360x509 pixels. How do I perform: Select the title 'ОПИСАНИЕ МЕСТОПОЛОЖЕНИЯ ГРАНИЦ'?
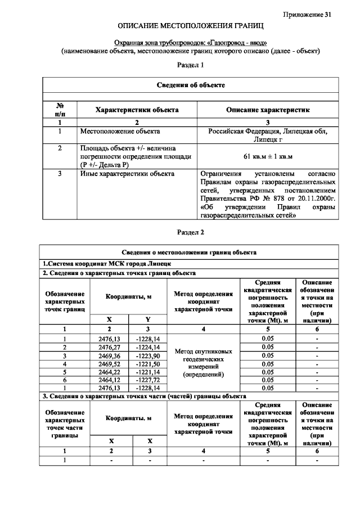pos(191,26)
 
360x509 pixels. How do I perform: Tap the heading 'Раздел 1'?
pos(190,65)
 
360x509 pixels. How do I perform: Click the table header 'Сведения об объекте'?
pos(191,85)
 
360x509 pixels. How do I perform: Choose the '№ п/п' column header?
pos(60,110)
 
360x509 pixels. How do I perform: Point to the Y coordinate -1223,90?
pos(148,355)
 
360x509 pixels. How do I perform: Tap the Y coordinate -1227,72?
pos(148,380)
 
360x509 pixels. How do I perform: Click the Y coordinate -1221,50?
pos(148,363)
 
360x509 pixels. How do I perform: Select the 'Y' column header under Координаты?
pos(148,319)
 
